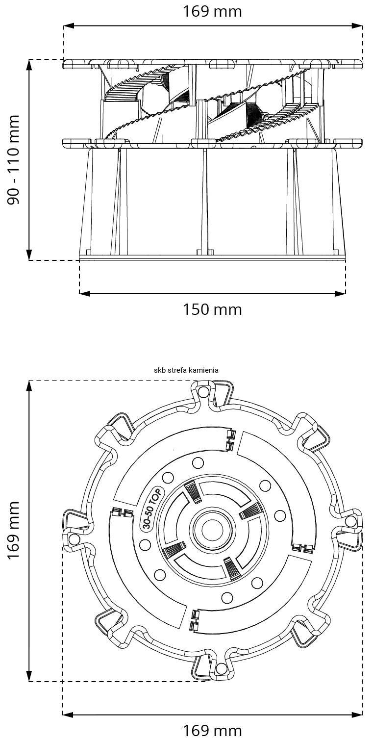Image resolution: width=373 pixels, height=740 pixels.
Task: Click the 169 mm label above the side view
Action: point(213,11)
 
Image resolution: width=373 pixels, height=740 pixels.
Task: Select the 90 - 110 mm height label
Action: point(14,160)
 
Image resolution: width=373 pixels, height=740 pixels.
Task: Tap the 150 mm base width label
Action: point(213,310)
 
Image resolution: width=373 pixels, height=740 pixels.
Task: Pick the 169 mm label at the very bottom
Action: point(213,730)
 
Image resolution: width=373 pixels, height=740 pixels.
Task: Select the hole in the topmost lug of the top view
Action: point(204,391)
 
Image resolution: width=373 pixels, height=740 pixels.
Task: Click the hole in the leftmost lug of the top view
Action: point(75,539)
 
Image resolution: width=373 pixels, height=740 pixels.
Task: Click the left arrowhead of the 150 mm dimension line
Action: point(83,294)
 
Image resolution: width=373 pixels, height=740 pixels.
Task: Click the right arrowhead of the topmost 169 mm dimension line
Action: point(359,26)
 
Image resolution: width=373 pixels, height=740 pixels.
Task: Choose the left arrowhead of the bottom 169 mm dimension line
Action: point(67,714)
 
